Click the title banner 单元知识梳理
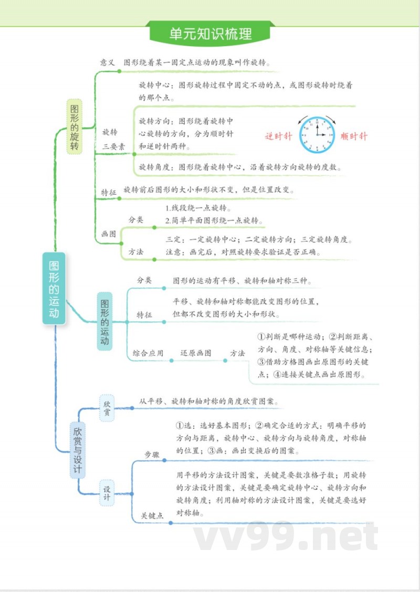(211, 34)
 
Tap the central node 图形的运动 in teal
(54, 288)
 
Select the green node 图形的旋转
(75, 126)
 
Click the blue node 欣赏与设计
(77, 450)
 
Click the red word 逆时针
(278, 136)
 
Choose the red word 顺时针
(354, 136)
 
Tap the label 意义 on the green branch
(107, 62)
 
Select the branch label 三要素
(113, 147)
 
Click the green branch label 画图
(109, 234)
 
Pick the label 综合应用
(148, 353)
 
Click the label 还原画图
(196, 353)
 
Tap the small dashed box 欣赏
(107, 408)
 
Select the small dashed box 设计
(107, 493)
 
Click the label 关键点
(152, 516)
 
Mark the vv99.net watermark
(286, 536)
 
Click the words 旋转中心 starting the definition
(155, 84)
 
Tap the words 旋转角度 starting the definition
(155, 167)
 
